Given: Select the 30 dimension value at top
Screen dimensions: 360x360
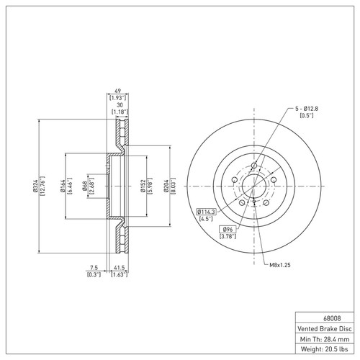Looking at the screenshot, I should point(117,103).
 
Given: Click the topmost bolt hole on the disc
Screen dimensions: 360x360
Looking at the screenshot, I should point(253,166).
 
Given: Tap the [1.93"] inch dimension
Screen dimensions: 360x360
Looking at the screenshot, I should point(117,96).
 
